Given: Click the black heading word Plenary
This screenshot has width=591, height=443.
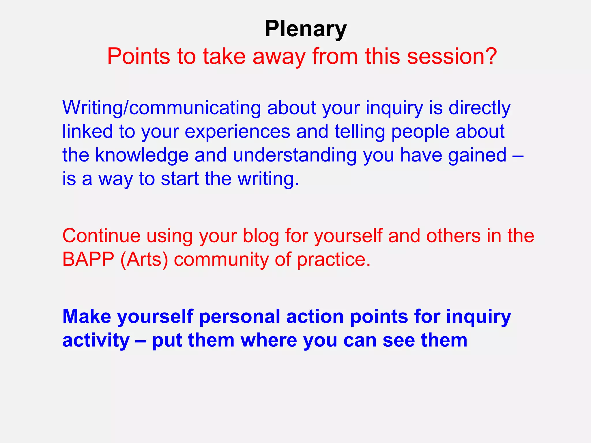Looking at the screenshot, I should (x=306, y=29).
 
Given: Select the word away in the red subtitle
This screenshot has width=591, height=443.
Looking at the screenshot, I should (x=279, y=57).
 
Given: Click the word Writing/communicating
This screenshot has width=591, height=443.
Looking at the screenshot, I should (x=161, y=108).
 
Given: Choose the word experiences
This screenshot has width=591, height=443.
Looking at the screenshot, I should (x=237, y=132).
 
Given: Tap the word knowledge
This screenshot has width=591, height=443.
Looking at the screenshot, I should (x=142, y=155).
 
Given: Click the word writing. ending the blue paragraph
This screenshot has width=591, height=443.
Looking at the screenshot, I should (x=268, y=179).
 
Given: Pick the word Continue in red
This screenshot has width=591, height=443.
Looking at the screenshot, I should (x=101, y=236).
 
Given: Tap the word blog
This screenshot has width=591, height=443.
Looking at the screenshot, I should (x=261, y=236).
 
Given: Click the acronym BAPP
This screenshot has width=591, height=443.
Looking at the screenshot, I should (x=88, y=259).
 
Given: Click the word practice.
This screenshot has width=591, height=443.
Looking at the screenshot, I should (x=334, y=259).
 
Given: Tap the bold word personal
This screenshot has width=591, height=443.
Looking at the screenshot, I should (x=239, y=316).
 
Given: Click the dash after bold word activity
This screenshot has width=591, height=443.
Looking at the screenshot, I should (x=141, y=340).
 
